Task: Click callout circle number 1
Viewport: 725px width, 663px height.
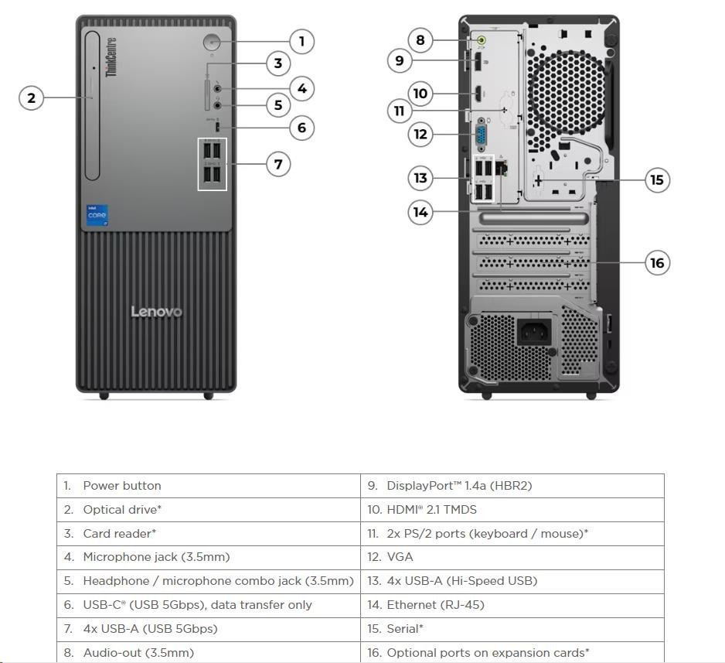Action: pos(301,41)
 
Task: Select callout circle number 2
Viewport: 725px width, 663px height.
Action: pos(31,97)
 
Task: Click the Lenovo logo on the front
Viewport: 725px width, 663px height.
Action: pos(156,312)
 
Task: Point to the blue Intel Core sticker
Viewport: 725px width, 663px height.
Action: pos(97,216)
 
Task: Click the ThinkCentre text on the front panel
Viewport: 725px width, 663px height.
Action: pos(111,57)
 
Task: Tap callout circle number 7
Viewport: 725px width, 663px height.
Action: pos(277,164)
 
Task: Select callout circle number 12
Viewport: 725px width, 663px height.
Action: pos(420,134)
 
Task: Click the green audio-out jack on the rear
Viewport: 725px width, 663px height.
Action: pos(482,41)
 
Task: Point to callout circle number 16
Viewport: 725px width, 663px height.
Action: pos(657,263)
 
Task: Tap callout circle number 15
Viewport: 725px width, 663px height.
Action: pos(656,180)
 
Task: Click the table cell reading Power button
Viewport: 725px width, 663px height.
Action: pos(209,486)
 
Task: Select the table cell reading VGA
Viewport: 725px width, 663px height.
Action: pos(512,557)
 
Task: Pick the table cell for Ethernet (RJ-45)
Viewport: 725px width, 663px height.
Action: pos(512,605)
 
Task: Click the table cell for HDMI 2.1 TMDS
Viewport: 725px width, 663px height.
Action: pos(512,509)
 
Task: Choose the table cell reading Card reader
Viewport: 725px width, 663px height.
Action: pos(209,533)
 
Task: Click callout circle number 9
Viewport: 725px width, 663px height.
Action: pos(399,60)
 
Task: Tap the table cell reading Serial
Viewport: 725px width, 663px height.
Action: pos(512,629)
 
